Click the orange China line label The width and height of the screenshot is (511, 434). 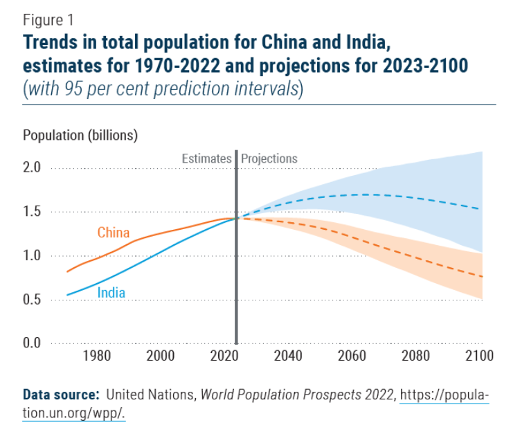(113, 233)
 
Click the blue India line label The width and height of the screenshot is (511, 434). (111, 293)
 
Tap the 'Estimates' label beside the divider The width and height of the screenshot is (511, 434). (206, 159)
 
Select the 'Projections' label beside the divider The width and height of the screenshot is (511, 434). (269, 159)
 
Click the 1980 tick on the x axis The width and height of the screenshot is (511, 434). (96, 356)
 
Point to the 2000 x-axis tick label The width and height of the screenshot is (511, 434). (160, 356)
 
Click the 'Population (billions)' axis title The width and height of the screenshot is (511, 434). (80, 135)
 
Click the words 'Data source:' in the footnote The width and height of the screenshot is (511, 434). (61, 395)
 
